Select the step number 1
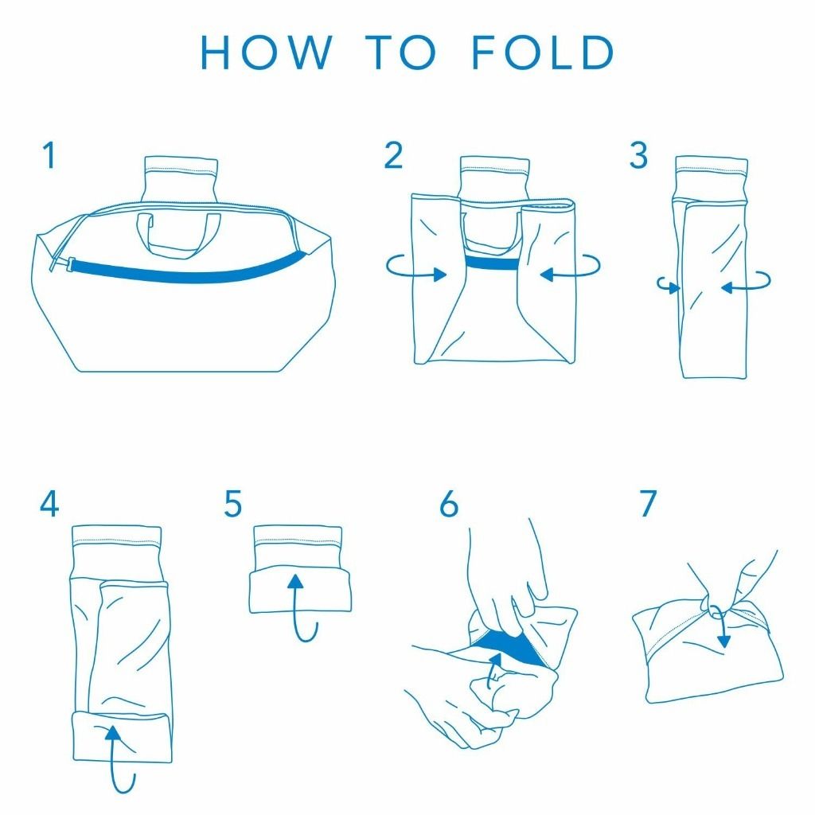(49, 155)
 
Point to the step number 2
(393, 155)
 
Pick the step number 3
(638, 155)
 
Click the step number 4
(49, 503)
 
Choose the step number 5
(233, 503)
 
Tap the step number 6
(449, 503)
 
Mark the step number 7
(648, 503)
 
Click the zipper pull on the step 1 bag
(61, 263)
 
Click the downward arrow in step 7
(723, 624)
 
